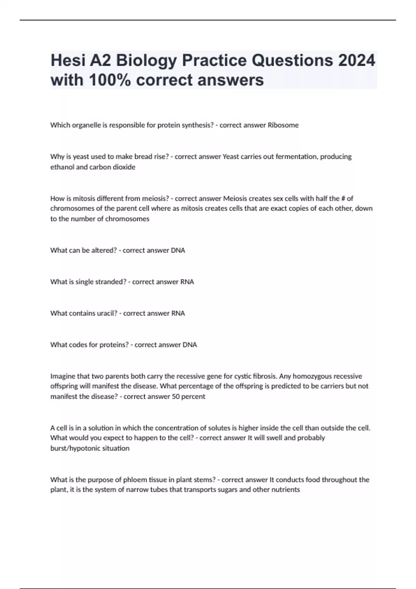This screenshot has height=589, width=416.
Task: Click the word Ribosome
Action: coord(283,125)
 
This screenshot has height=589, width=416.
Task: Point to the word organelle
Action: coord(86,125)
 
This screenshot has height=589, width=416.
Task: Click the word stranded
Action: coord(111,282)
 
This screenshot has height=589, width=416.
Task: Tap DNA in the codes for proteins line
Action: coord(190,345)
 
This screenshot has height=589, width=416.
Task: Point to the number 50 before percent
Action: coord(176,396)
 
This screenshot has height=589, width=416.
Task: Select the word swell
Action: coord(274,438)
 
